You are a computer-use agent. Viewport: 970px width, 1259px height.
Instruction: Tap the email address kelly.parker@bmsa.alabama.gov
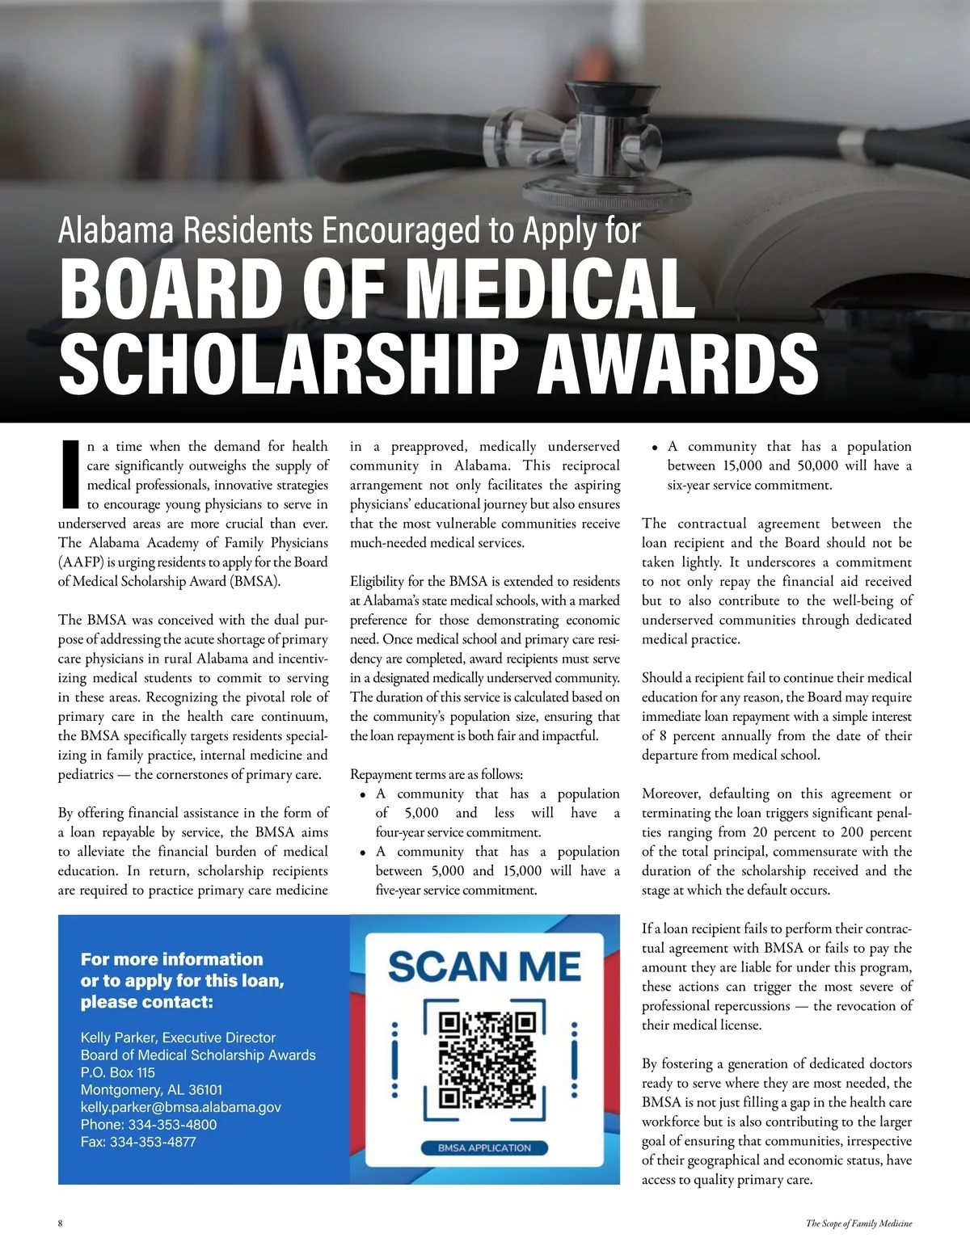point(180,1107)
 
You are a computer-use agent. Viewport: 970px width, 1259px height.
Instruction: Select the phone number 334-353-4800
point(172,1125)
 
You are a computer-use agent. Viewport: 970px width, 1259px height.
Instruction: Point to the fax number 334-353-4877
point(153,1142)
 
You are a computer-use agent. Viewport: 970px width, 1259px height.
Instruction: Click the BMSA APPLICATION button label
point(485,1147)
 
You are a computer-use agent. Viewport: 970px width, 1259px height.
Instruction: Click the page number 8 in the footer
point(61,1223)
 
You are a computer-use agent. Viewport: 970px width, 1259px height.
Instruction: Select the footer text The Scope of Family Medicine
point(858,1223)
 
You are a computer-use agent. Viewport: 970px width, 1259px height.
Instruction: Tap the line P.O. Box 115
point(117,1072)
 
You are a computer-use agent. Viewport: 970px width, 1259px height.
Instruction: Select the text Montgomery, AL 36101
point(151,1090)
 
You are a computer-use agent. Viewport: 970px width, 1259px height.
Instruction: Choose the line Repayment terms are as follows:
point(436,774)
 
